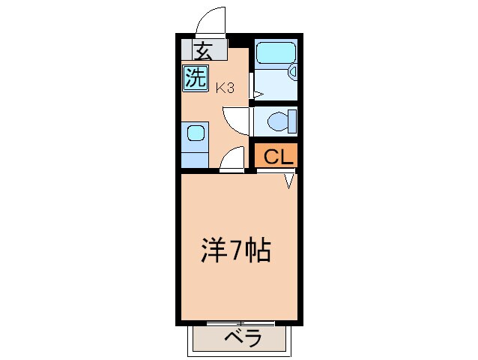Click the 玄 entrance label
[202, 51]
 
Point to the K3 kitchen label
[225, 88]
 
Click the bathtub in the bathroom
[274, 54]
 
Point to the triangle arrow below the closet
[289, 181]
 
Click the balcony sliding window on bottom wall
[240, 323]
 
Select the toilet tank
[293, 120]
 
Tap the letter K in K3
[220, 88]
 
